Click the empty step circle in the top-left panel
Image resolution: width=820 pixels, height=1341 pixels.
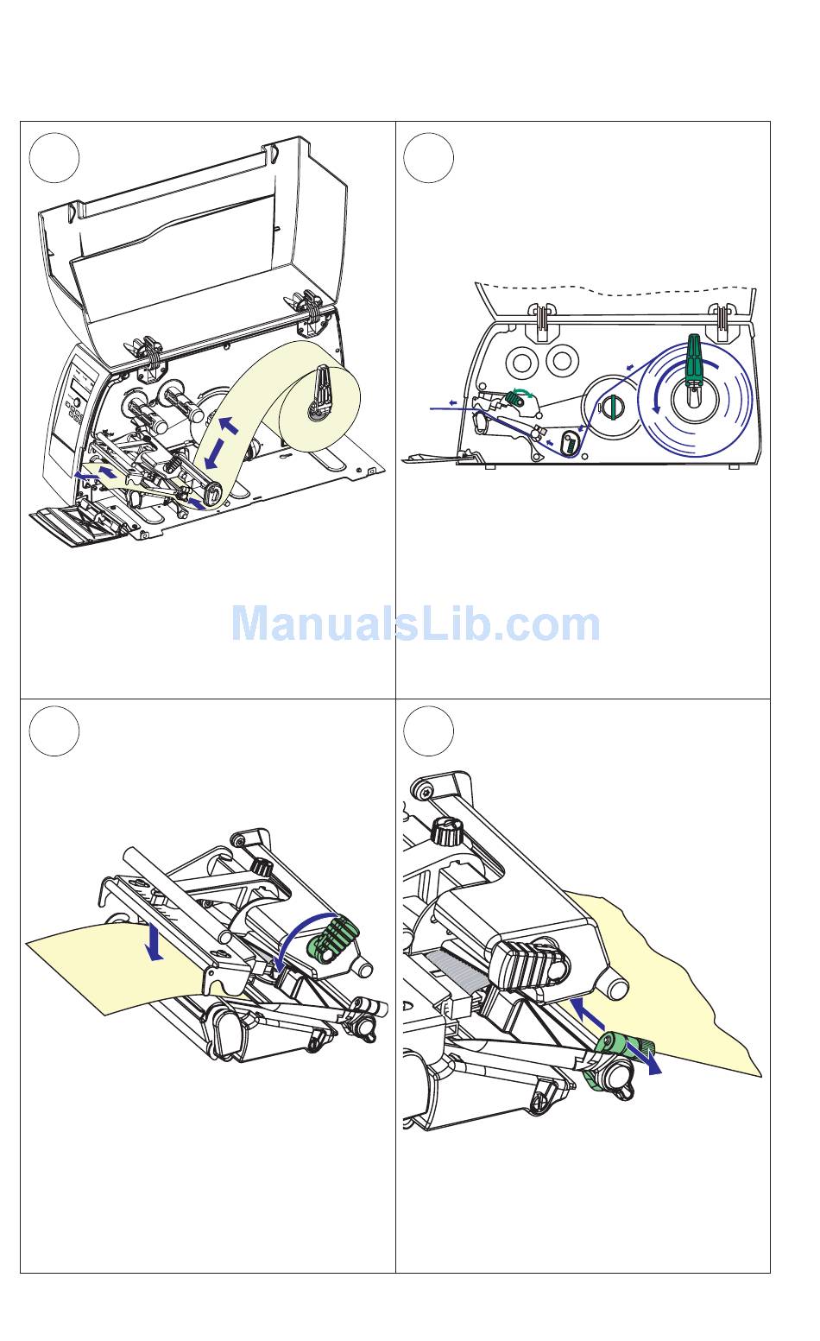[54, 158]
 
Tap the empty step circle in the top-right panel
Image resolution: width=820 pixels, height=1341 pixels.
[429, 158]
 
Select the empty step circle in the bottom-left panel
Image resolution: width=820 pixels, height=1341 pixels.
[54, 731]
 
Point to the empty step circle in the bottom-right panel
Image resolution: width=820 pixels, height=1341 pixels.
[429, 731]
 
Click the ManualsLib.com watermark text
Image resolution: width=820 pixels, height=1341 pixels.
[415, 624]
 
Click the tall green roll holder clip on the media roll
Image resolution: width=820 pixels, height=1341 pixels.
[693, 358]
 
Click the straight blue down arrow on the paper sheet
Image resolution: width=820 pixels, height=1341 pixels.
[155, 942]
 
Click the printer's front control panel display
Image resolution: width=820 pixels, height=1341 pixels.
[82, 379]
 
